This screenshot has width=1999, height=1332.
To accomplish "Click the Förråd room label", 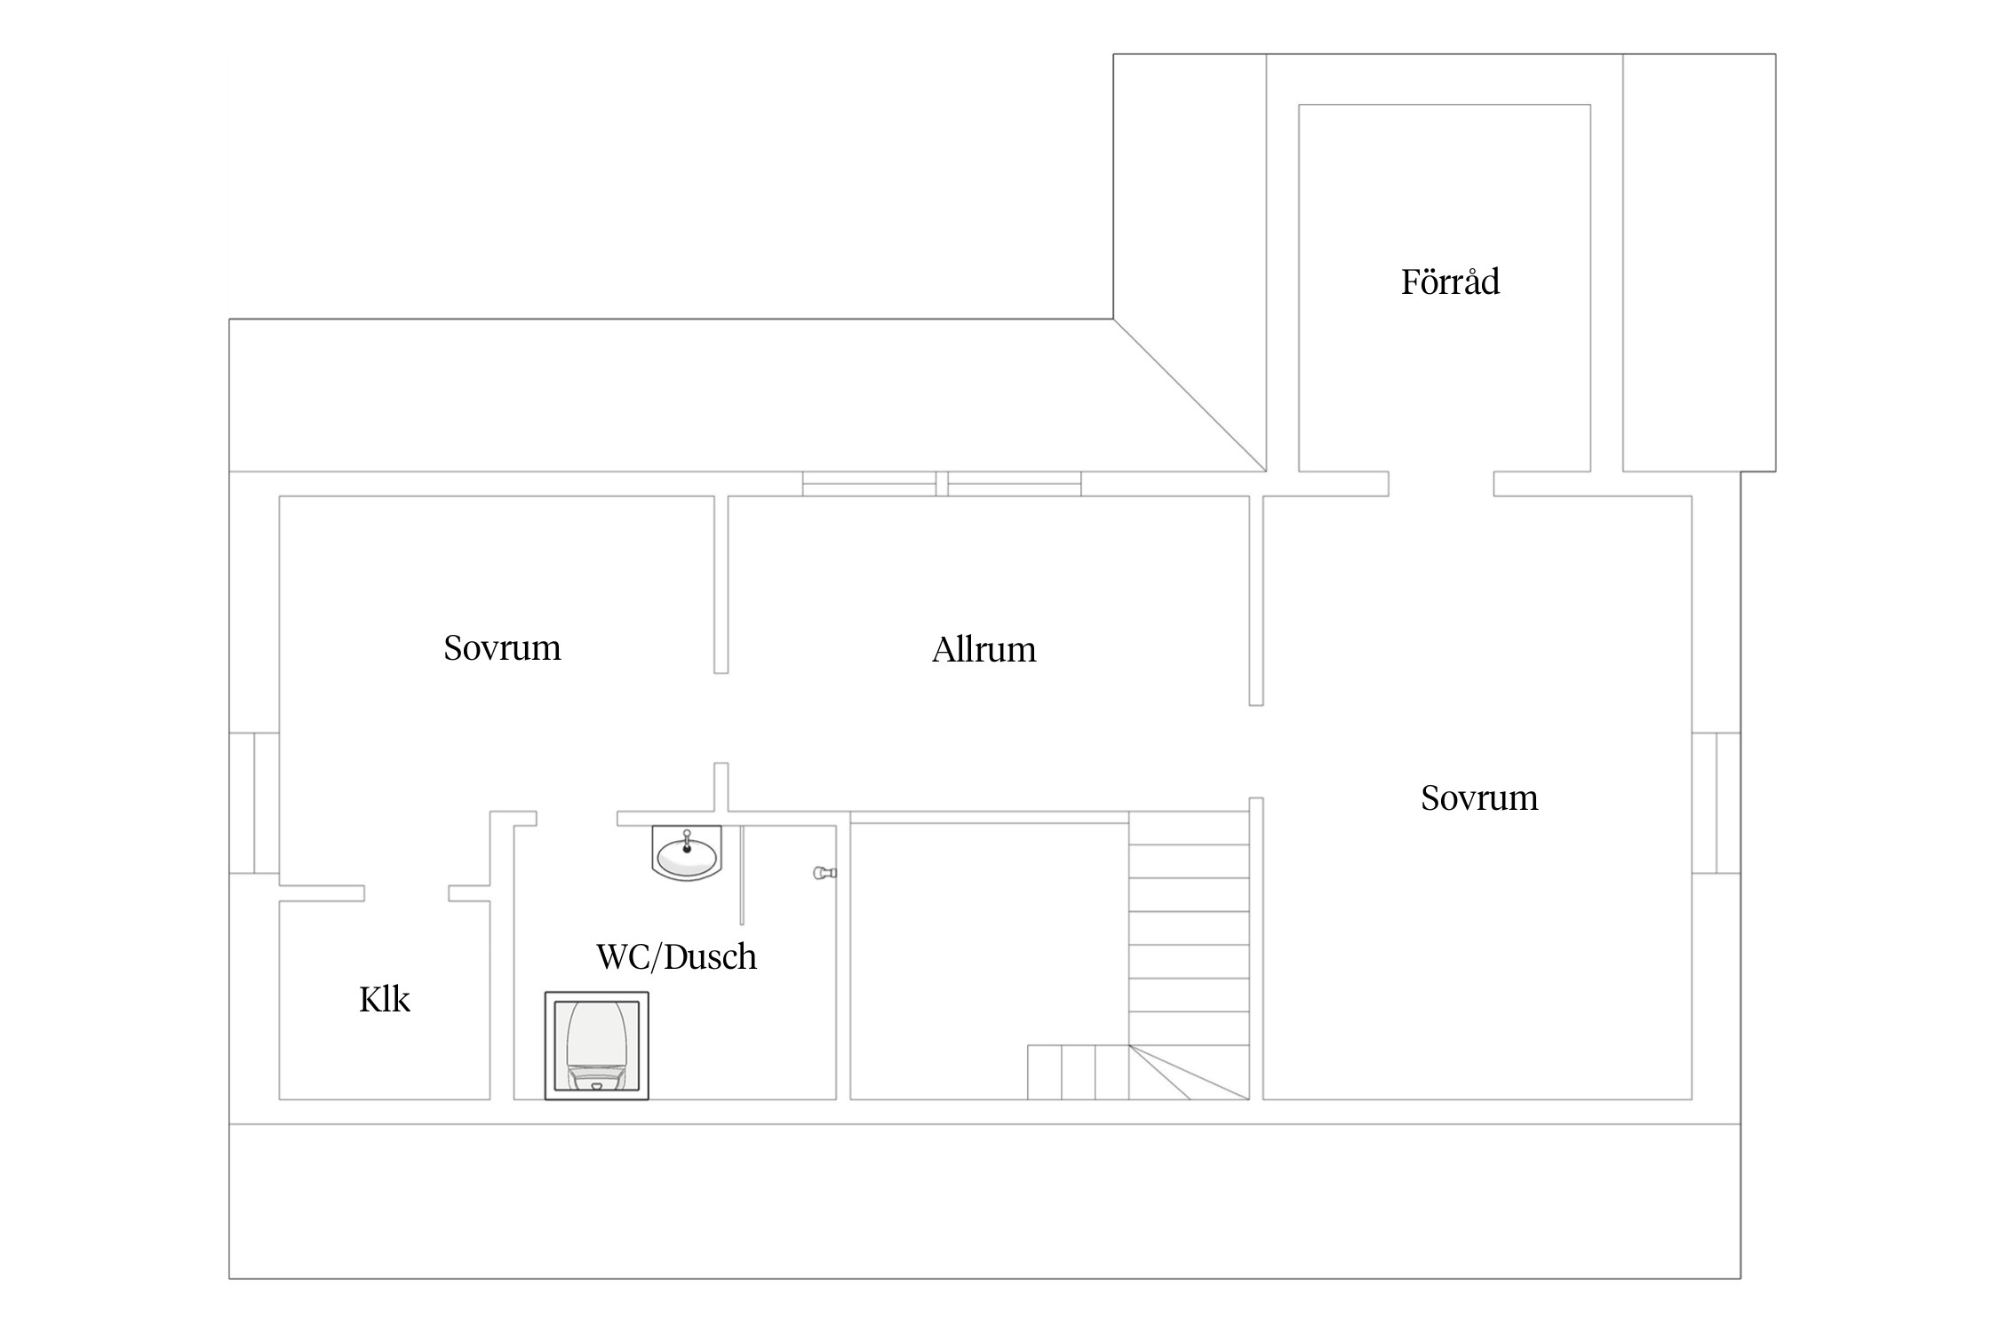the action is coord(1450,281).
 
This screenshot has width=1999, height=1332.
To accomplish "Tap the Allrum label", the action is coord(984,649).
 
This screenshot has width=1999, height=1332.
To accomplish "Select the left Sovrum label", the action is coord(502,647).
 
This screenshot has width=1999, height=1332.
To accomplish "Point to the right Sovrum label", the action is coord(1479,797).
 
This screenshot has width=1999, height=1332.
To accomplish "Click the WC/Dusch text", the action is coord(676,956).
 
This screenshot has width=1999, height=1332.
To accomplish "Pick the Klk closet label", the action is coord(384,999).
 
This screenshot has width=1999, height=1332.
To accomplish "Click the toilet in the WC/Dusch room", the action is coord(596,1045).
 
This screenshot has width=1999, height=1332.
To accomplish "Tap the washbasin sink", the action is coord(687,853).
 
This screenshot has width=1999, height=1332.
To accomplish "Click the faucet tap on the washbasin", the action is coord(687,840).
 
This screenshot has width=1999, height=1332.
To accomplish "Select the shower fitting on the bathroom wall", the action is coord(825,873).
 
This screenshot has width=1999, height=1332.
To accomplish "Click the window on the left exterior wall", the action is coord(254,803).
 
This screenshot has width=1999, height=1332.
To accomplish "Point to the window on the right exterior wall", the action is coord(1716,803).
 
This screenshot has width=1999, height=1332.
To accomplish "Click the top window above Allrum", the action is coord(942,484).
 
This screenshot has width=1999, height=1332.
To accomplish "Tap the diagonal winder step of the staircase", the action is coord(1189,1073).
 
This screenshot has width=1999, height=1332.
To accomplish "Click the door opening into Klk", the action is coord(406,893).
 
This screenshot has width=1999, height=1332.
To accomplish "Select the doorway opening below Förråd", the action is coord(1441,484).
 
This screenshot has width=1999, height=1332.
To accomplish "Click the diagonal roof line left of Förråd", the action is coord(1190,395).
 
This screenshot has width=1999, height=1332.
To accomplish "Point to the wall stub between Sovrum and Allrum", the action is coord(721,584).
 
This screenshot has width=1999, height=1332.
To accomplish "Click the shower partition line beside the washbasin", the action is coord(742,876).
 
